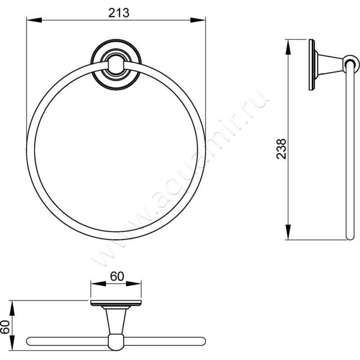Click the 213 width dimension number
pyautogui.click(x=119, y=13)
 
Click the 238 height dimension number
pyautogui.click(x=282, y=149)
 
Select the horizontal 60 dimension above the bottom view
pyautogui.click(x=117, y=276)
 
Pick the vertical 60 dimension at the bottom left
pyautogui.click(x=5, y=327)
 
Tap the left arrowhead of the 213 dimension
pyautogui.click(x=34, y=20)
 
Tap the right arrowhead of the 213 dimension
pyautogui.click(x=198, y=20)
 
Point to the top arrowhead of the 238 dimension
pyautogui.click(x=288, y=47)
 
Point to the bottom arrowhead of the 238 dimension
pyautogui.click(x=288, y=232)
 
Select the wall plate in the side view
pyautogui.click(x=312, y=65)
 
